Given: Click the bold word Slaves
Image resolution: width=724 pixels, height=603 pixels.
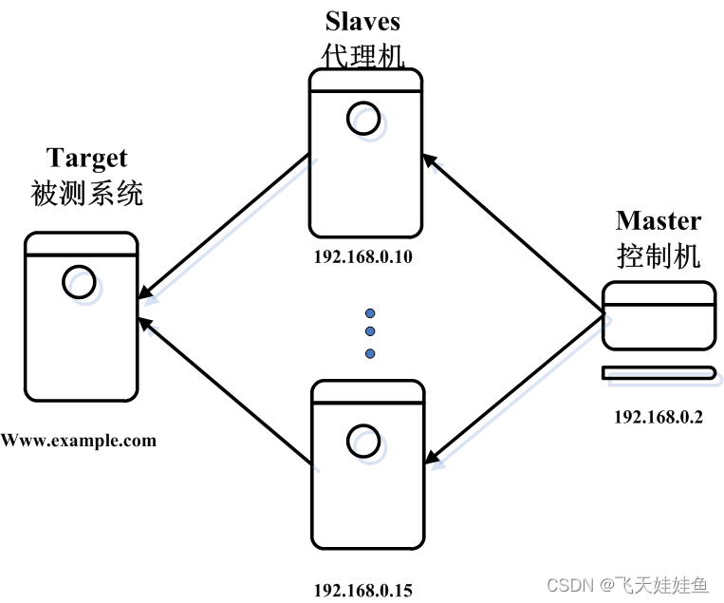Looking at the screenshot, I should tap(363, 21).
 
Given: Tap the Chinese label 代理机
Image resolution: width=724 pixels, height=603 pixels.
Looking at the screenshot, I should tap(363, 54).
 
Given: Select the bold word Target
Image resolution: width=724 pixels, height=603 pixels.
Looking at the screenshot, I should tap(86, 157).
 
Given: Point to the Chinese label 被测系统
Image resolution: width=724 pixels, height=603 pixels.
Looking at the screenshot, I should tap(87, 194).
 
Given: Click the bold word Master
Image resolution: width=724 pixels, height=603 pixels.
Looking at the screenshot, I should tap(658, 221).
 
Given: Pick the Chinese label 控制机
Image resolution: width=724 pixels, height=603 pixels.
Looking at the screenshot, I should tap(659, 255).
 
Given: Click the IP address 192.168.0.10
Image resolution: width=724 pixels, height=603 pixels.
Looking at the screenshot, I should tap(364, 256).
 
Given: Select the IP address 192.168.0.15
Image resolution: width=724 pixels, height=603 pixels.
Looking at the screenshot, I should tap(363, 589).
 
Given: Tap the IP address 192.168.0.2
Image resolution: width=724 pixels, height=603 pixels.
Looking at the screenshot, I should tap(658, 416).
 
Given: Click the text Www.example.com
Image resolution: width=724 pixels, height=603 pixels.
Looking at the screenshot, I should tap(79, 441).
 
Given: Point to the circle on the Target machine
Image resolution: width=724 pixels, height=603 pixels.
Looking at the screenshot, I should tap(78, 281).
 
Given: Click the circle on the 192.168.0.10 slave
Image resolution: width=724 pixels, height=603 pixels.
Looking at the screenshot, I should tap(362, 119).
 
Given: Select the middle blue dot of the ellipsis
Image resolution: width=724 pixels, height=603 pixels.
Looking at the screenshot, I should tap(370, 332).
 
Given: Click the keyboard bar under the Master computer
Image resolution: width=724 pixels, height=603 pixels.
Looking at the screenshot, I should tap(659, 372).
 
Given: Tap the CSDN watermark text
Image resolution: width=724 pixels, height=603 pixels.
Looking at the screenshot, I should tap(626, 584).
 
